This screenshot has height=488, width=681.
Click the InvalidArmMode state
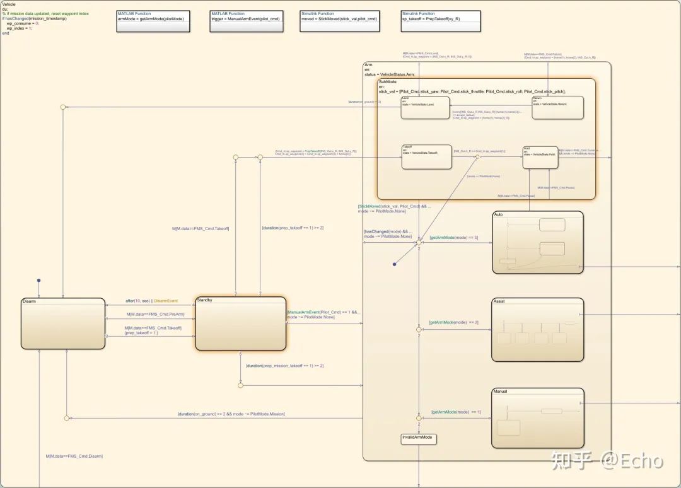[418, 438]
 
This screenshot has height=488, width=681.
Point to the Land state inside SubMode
[426, 107]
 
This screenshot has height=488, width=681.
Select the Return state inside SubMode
[557, 107]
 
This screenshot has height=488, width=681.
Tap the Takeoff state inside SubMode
[427, 157]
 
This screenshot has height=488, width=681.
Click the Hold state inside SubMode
[540, 157]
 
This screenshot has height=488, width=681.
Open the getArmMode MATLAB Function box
[151, 17]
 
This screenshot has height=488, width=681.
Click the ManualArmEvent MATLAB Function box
[246, 17]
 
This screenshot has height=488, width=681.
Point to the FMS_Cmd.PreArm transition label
[155, 314]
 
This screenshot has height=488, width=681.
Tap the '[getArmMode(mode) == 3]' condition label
[453, 238]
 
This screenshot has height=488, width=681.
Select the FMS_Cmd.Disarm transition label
[74, 456]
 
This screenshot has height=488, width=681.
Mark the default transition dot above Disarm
[38, 280]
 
